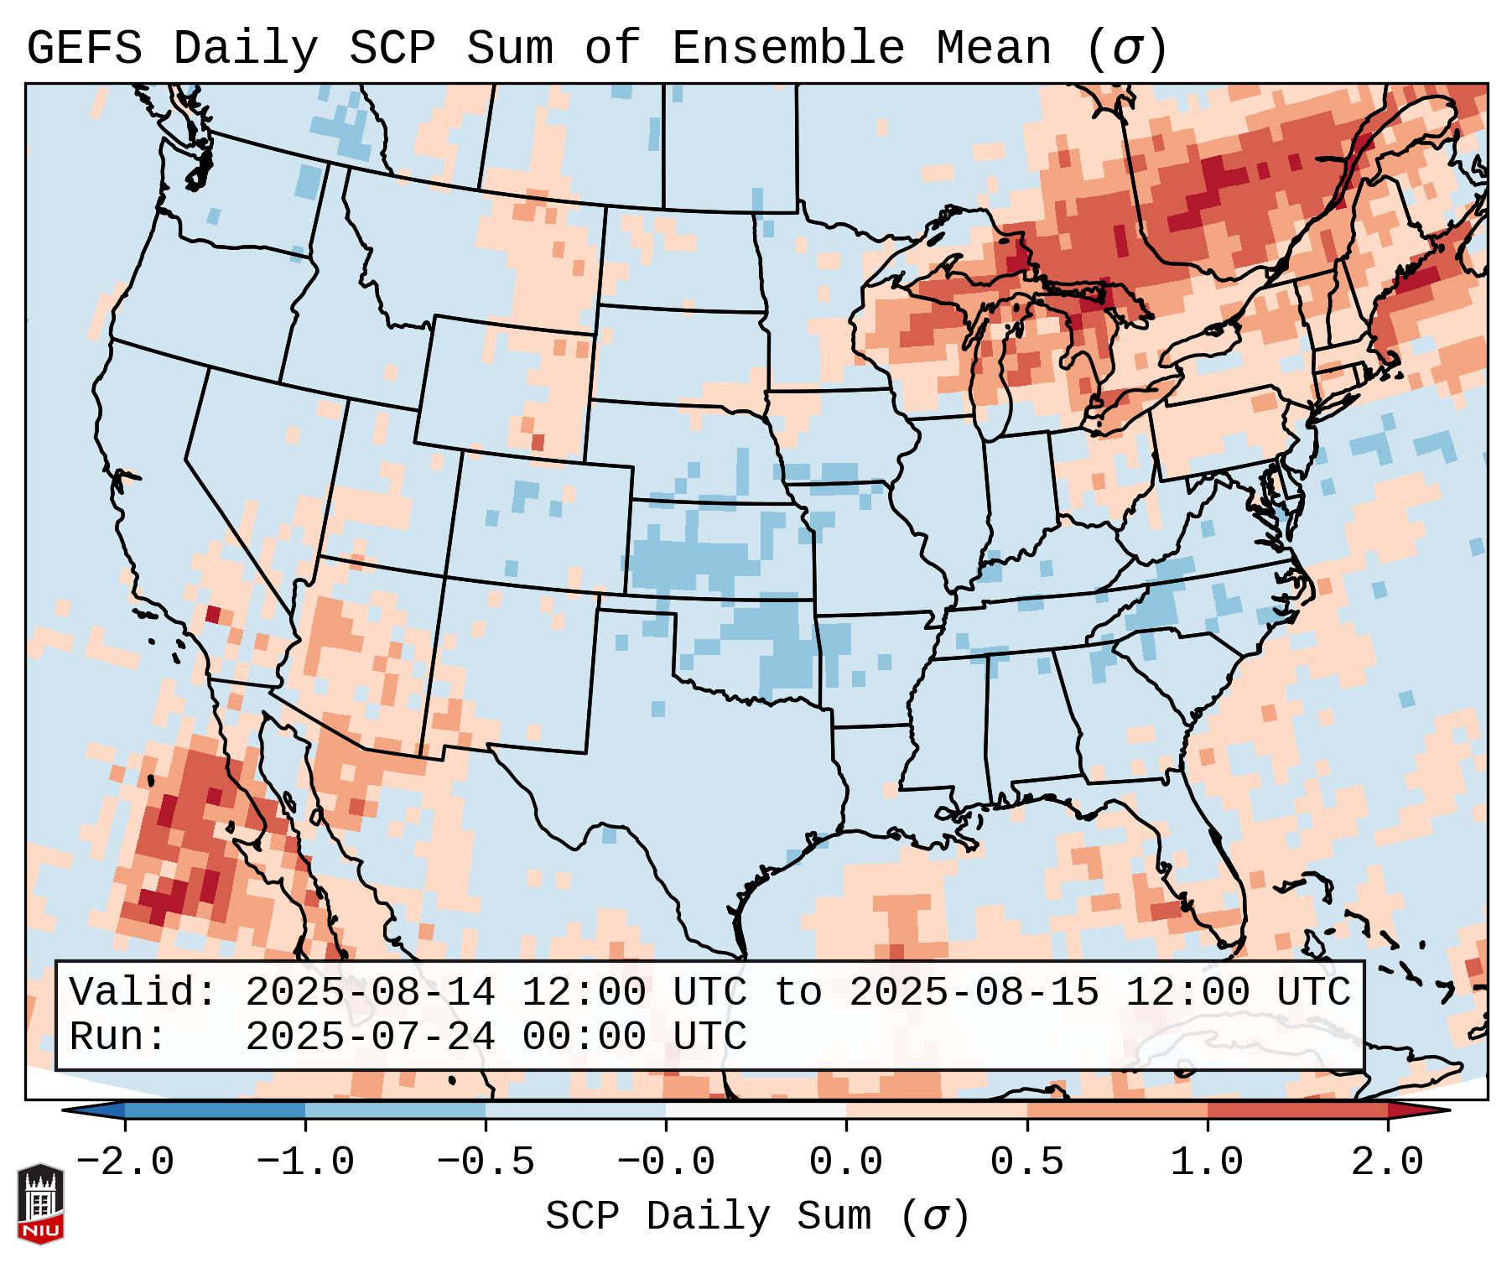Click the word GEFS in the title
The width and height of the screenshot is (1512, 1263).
(84, 49)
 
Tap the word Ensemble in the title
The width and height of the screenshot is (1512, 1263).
(788, 49)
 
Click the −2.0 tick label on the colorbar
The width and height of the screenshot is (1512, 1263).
(125, 1162)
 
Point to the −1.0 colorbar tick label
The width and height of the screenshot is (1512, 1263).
(305, 1162)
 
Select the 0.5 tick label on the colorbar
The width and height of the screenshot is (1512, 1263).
(1026, 1162)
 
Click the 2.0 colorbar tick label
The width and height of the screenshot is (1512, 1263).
(1387, 1162)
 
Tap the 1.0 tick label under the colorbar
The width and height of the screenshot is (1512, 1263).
(1207, 1162)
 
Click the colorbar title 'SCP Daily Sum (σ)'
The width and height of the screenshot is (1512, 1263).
(757, 1216)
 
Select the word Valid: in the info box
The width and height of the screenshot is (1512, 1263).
(143, 992)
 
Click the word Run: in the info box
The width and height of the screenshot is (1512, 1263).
(117, 1037)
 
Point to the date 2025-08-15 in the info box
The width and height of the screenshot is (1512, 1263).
(974, 992)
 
